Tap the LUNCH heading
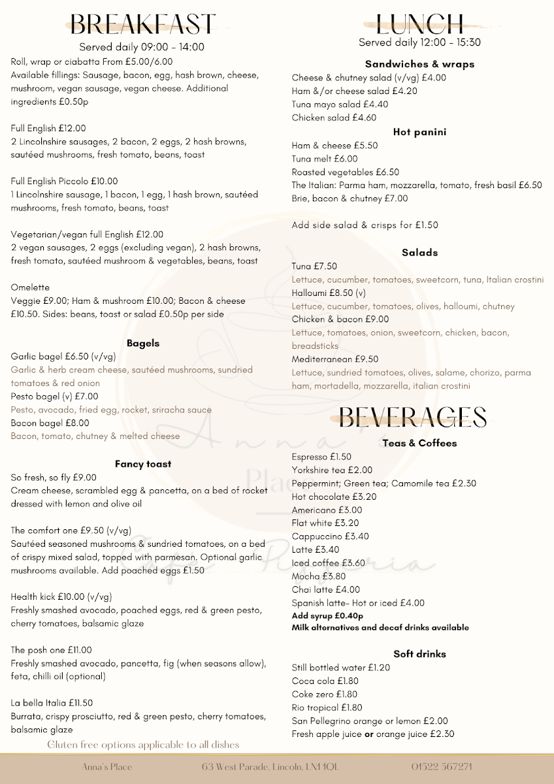pyautogui.click(x=420, y=25)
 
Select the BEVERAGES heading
pyautogui.click(x=413, y=416)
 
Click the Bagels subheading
pyautogui.click(x=143, y=343)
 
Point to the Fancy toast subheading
pyautogui.click(x=143, y=464)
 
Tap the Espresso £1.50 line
pyautogui.click(x=321, y=457)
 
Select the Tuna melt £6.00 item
pyautogui.click(x=325, y=159)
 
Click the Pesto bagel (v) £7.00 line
pyautogui.click(x=55, y=396)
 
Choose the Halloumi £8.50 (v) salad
pyautogui.click(x=329, y=293)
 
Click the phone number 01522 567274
pyautogui.click(x=442, y=766)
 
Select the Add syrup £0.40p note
pyautogui.click(x=327, y=615)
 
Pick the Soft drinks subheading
pyautogui.click(x=419, y=653)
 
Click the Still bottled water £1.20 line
pyautogui.click(x=341, y=668)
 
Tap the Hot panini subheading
pyautogui.click(x=419, y=132)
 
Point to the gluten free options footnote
pyautogui.click(x=144, y=745)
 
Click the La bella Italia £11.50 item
pyautogui.click(x=52, y=703)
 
